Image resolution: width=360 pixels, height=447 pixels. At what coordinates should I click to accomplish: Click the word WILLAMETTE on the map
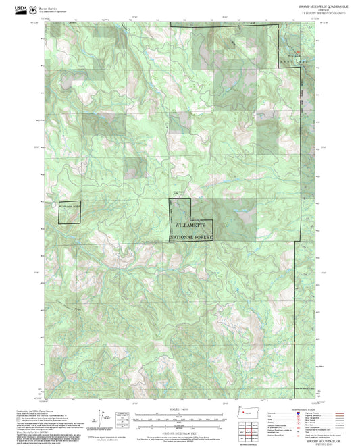(190, 224)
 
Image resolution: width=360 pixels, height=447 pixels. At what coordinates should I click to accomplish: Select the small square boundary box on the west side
(69, 212)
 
